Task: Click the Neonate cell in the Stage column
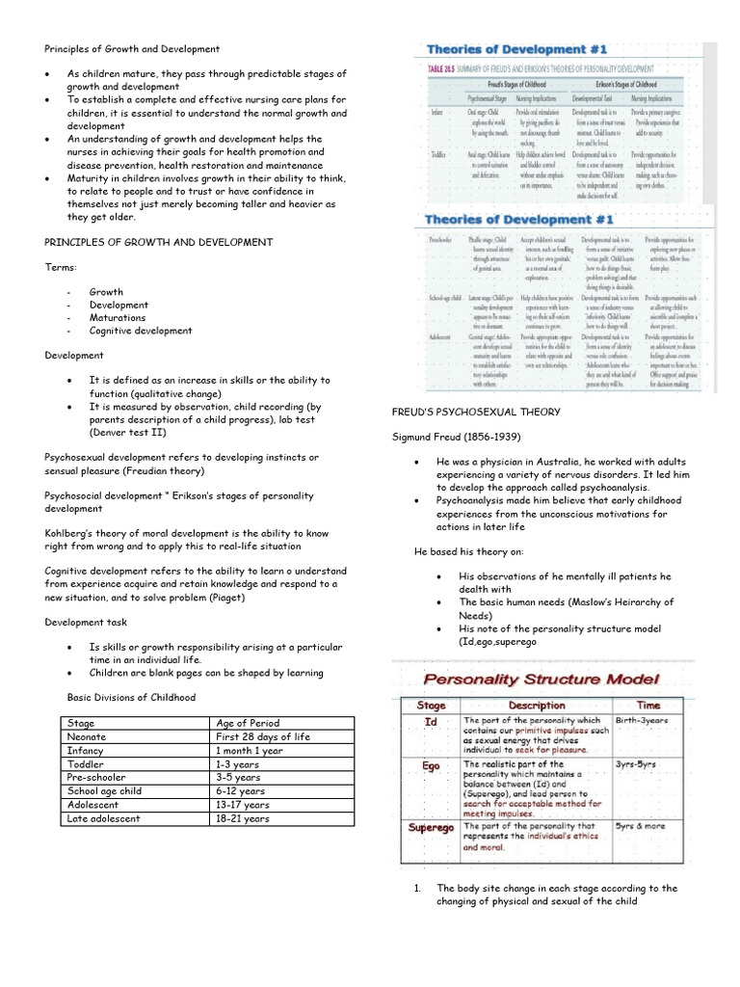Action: coord(89,736)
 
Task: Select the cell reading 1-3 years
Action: coord(237,763)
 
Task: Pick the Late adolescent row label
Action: coord(103,818)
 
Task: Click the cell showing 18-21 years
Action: coord(243,818)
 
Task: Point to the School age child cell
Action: coord(104,790)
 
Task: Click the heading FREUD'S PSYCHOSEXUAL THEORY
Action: coord(475,412)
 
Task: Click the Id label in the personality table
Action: coord(430,721)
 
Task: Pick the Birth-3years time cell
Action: coord(644,720)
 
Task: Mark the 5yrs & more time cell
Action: coord(641,827)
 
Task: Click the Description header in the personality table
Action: coord(537,705)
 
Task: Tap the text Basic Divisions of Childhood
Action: coord(131,697)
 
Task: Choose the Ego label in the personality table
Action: coord(430,766)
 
